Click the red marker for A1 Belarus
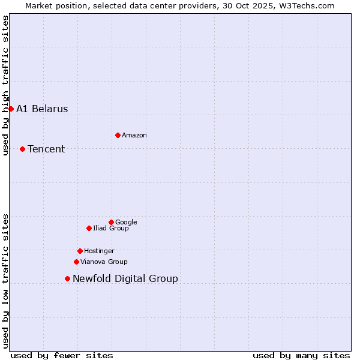[x=11, y=109]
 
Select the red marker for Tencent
[x=22, y=149]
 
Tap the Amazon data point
[x=118, y=135]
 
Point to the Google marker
[x=111, y=222]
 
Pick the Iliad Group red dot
[x=89, y=228]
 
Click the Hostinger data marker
[x=80, y=251]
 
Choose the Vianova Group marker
[x=76, y=262]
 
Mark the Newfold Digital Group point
[x=67, y=278]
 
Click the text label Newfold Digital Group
[x=125, y=278]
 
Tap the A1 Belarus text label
[x=42, y=109]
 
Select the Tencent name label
[x=46, y=149]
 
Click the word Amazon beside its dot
[x=134, y=135]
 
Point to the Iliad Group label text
[x=110, y=228]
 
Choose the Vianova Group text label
[x=104, y=262]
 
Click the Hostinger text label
[x=99, y=251]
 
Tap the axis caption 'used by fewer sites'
[x=62, y=355]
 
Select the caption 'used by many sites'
[x=301, y=355]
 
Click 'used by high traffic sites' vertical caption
[x=5, y=85]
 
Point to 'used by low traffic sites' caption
[x=5, y=280]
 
